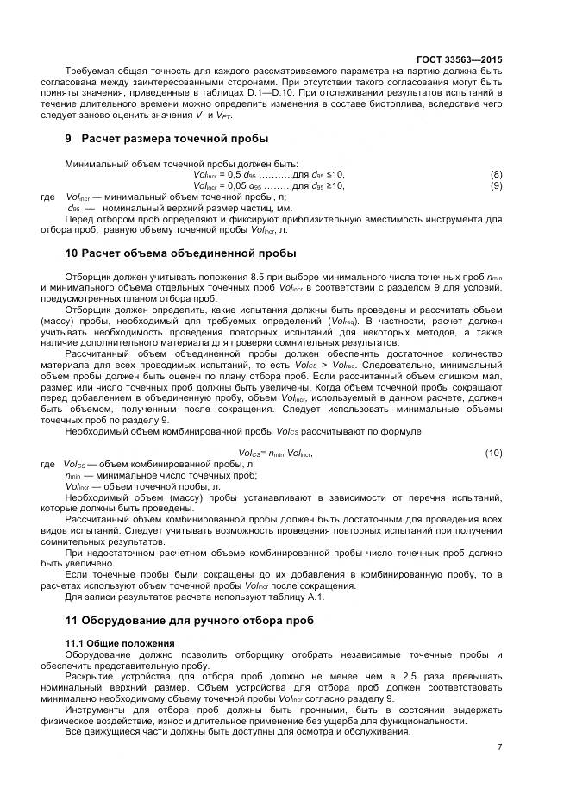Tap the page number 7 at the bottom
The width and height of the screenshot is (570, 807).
499,747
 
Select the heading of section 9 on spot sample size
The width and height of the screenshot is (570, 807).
166,138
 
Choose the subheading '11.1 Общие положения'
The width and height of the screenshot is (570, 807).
120,643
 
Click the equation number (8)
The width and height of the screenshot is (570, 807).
496,174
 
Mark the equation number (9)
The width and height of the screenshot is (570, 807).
496,185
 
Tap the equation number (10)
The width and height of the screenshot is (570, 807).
493,453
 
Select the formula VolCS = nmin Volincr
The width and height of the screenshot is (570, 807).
275,453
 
